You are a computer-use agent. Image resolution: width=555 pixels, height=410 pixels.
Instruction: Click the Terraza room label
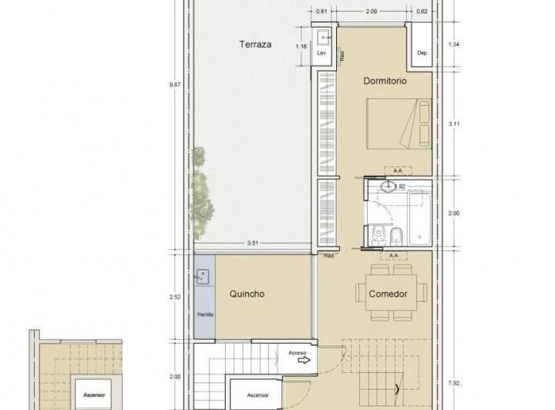tap(255, 45)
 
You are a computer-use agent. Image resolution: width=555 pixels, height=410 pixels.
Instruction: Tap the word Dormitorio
tap(385, 80)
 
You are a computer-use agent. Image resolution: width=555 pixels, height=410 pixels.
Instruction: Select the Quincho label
tap(247, 294)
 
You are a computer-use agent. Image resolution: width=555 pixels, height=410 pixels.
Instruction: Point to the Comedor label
tap(388, 294)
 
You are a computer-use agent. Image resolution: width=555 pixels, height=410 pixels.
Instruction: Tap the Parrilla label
tap(205, 314)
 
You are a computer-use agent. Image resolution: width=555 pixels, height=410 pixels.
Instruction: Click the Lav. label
tap(322, 54)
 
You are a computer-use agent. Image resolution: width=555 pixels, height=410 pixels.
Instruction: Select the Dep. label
tap(422, 53)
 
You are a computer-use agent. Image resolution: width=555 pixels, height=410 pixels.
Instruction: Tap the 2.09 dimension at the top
tap(372, 12)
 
